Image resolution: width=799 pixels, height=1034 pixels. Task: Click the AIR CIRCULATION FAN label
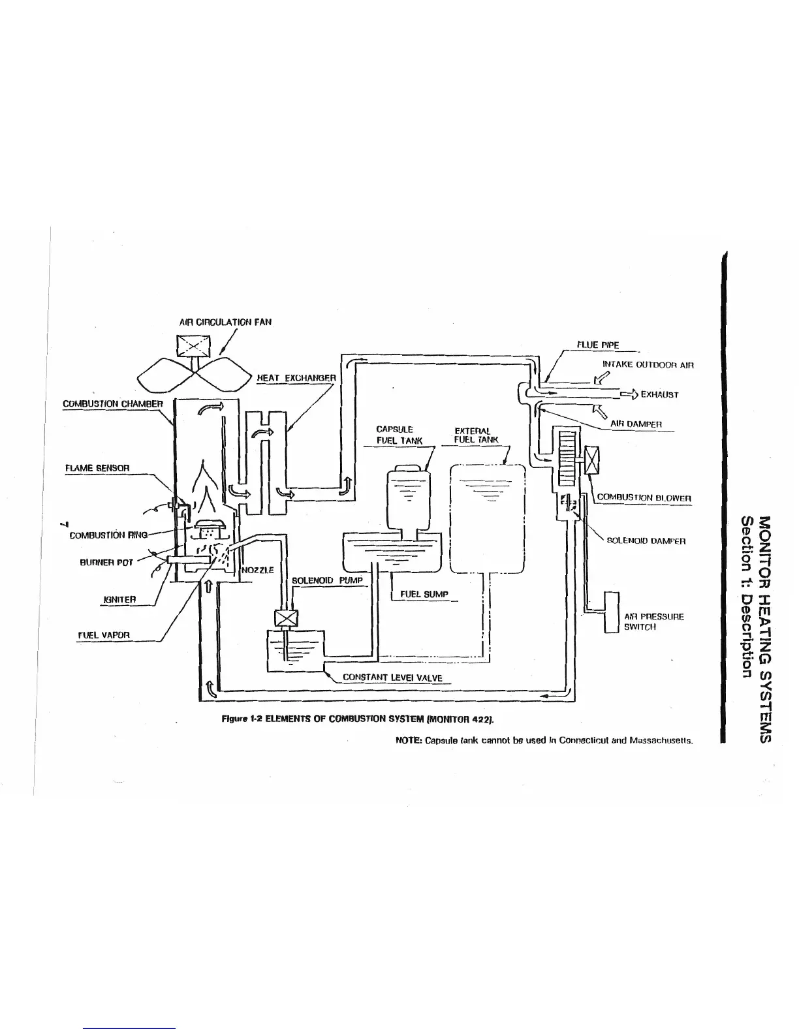[x=225, y=322]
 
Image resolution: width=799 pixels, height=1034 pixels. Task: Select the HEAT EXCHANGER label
[x=296, y=377]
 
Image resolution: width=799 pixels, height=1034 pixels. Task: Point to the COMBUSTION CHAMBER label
[x=112, y=403]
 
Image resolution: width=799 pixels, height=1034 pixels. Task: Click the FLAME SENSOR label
[x=97, y=468]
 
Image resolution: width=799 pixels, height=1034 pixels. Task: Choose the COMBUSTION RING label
[x=108, y=535]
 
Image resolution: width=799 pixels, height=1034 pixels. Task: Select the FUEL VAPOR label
[x=104, y=634]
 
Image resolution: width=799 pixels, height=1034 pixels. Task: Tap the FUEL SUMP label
[x=424, y=594]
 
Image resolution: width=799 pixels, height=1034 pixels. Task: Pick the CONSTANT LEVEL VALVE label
[x=392, y=678]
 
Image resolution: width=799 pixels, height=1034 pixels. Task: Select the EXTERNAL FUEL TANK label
[x=476, y=435]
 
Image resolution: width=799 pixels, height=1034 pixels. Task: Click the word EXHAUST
[x=659, y=394]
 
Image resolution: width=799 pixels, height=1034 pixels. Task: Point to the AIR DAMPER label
[x=636, y=424]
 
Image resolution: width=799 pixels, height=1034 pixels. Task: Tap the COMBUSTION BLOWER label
[x=644, y=497]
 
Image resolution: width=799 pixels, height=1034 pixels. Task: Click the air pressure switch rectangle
[x=612, y=612]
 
